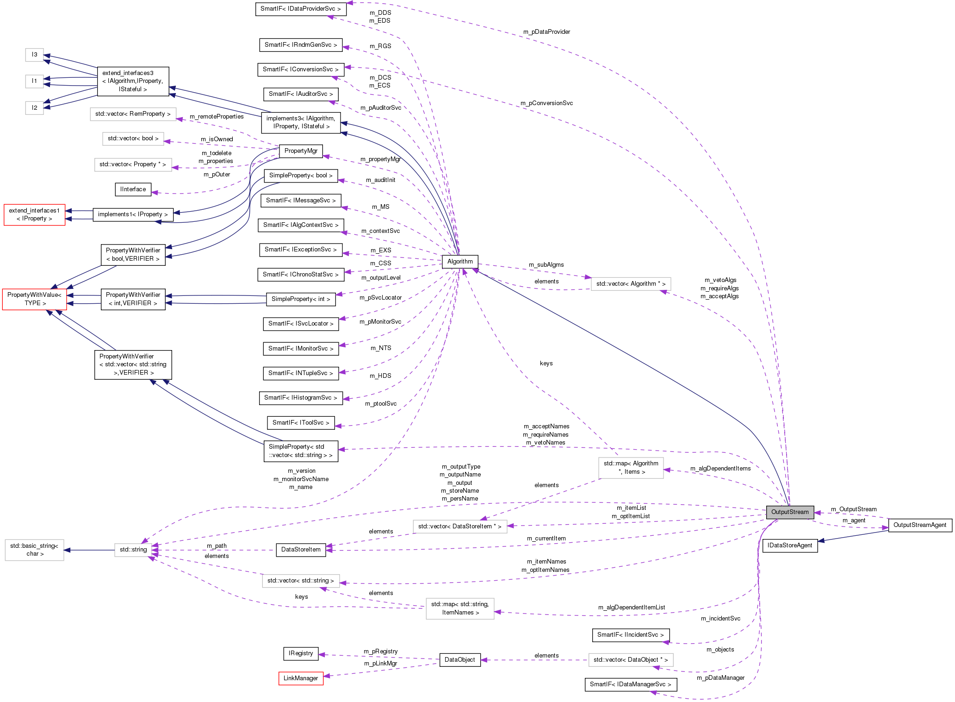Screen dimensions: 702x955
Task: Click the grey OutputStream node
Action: click(789, 512)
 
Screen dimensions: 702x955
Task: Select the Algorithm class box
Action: click(460, 261)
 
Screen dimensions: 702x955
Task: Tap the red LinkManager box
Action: click(301, 678)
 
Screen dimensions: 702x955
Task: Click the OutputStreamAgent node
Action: click(919, 525)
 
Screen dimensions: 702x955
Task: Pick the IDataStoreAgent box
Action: click(789, 545)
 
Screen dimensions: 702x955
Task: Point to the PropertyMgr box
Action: click(301, 150)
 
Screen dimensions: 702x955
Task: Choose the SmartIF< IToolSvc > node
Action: click(301, 422)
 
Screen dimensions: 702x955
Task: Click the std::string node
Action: click(133, 549)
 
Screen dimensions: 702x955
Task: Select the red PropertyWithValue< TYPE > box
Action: click(34, 299)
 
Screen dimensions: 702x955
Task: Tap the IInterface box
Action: click(133, 189)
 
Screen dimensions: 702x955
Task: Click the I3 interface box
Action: click(34, 55)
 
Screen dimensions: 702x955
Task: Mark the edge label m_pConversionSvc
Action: click(546, 103)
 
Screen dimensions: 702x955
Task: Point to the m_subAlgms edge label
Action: click(546, 264)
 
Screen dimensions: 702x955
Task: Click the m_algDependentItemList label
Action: click(631, 607)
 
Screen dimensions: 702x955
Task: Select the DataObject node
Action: click(459, 659)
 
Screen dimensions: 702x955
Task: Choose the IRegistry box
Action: click(301, 653)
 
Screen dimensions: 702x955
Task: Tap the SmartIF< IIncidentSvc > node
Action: click(630, 634)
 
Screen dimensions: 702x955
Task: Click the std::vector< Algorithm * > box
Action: click(631, 283)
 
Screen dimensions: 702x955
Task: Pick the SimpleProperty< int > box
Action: click(301, 299)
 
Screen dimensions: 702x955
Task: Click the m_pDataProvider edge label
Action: click(546, 31)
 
